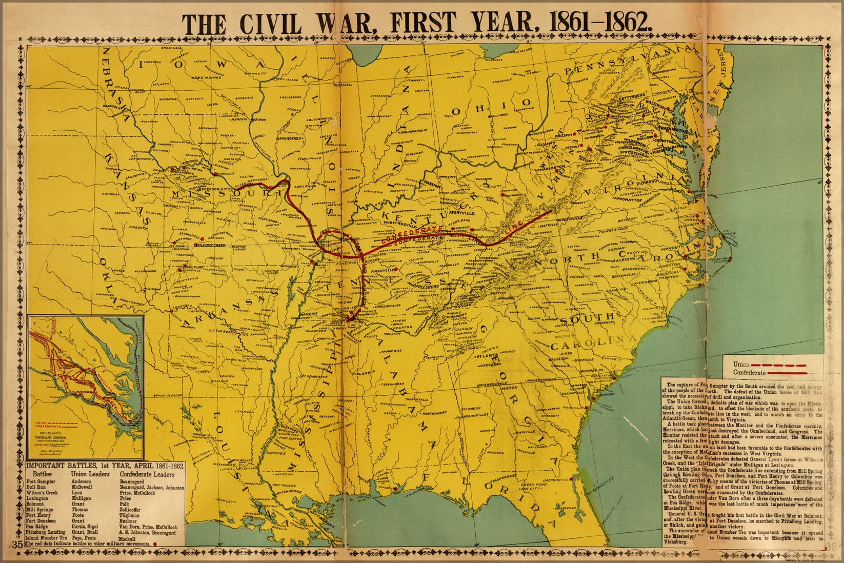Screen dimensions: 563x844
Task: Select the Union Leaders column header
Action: pos(90,474)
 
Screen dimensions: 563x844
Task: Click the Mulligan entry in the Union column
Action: pos(82,498)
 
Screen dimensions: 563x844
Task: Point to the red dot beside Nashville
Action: pos(396,268)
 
